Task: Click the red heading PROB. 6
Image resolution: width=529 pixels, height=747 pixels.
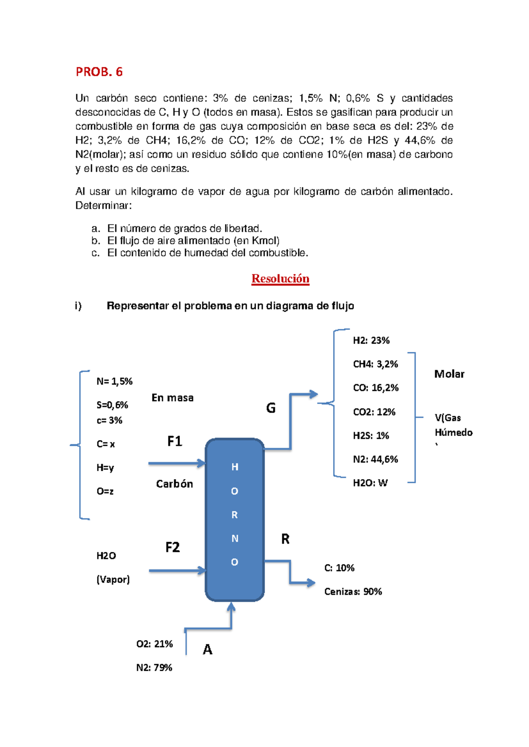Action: pyautogui.click(x=99, y=72)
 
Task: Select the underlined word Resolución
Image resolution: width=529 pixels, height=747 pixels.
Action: pyautogui.click(x=280, y=279)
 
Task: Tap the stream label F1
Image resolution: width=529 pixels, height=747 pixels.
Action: pyautogui.click(x=175, y=441)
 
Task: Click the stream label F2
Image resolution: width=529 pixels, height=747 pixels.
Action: pyautogui.click(x=172, y=547)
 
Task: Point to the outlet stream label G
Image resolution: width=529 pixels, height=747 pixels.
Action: pyautogui.click(x=271, y=408)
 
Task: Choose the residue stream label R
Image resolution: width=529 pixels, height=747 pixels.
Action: pyautogui.click(x=285, y=539)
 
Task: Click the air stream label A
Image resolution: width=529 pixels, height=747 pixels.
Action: pyautogui.click(x=207, y=650)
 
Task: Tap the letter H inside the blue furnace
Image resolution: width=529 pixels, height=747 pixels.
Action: pyautogui.click(x=235, y=467)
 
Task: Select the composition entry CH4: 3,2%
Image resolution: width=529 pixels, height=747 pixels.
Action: pyautogui.click(x=375, y=364)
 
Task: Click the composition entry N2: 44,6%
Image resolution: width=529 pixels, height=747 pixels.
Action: pyautogui.click(x=375, y=459)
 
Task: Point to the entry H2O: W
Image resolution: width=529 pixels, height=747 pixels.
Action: pyautogui.click(x=370, y=483)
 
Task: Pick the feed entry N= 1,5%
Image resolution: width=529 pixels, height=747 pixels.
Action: pyautogui.click(x=114, y=381)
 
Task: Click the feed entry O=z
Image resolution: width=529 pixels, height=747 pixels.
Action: pyautogui.click(x=105, y=492)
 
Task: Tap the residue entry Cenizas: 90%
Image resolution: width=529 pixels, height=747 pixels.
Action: pyautogui.click(x=353, y=592)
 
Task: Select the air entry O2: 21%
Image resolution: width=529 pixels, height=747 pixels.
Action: pyautogui.click(x=154, y=644)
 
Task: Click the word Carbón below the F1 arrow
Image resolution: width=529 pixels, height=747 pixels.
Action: pyautogui.click(x=175, y=484)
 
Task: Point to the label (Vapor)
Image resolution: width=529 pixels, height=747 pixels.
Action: pyautogui.click(x=113, y=580)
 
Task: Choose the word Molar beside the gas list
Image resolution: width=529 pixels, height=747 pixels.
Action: pyautogui.click(x=449, y=374)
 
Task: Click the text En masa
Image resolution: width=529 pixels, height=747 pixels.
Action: pyautogui.click(x=172, y=398)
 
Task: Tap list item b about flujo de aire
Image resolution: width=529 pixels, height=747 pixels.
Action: pyautogui.click(x=193, y=240)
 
